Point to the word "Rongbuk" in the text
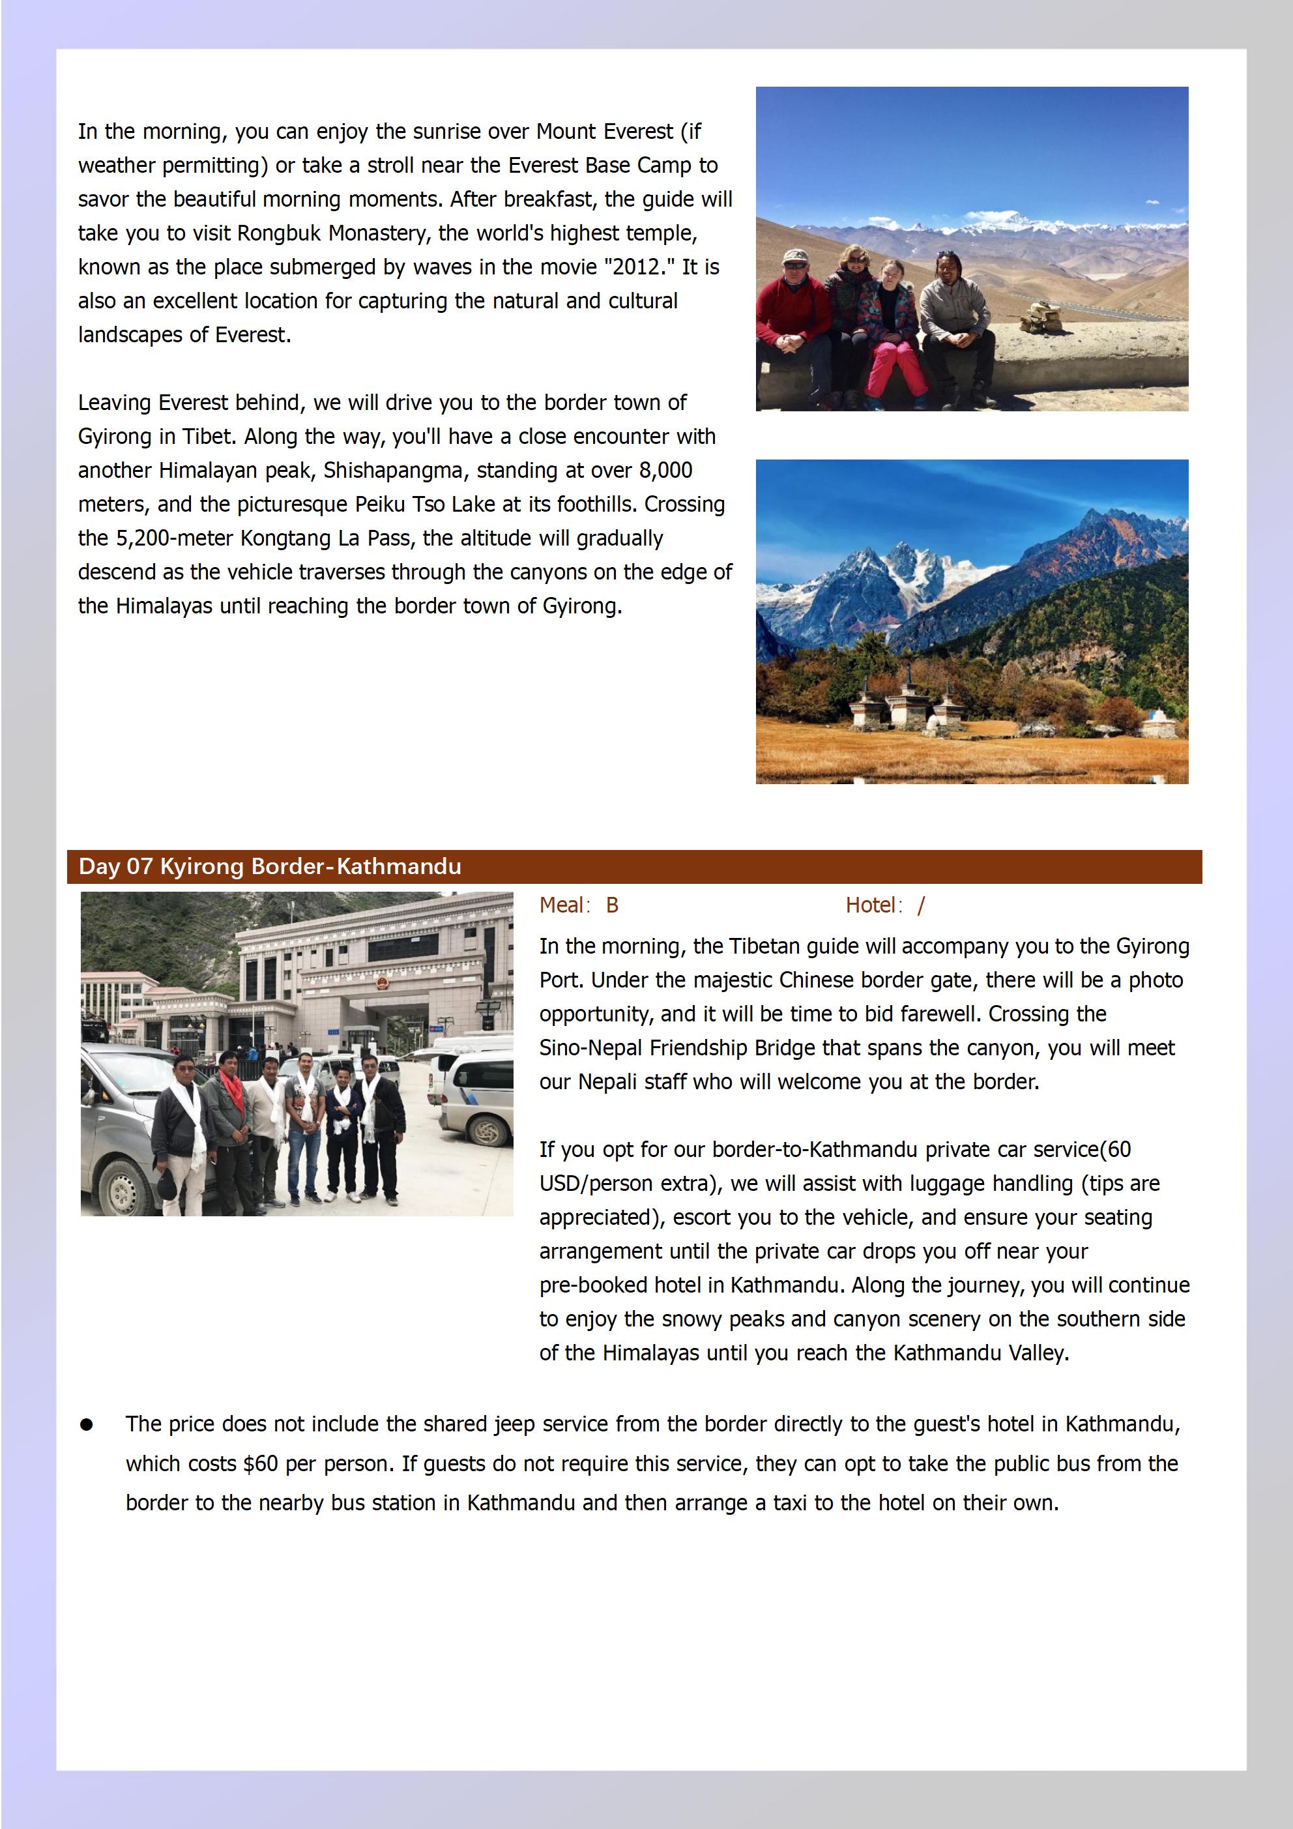pyautogui.click(x=279, y=233)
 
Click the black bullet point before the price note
pyautogui.click(x=86, y=1425)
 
